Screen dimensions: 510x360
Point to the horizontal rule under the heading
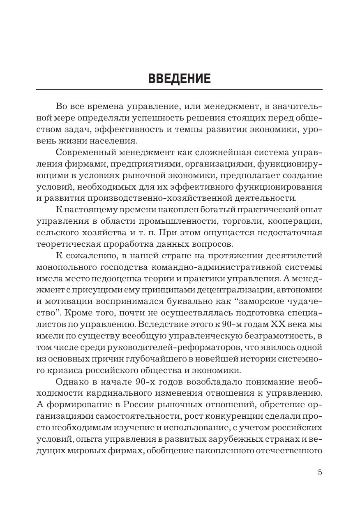click(x=179, y=89)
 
